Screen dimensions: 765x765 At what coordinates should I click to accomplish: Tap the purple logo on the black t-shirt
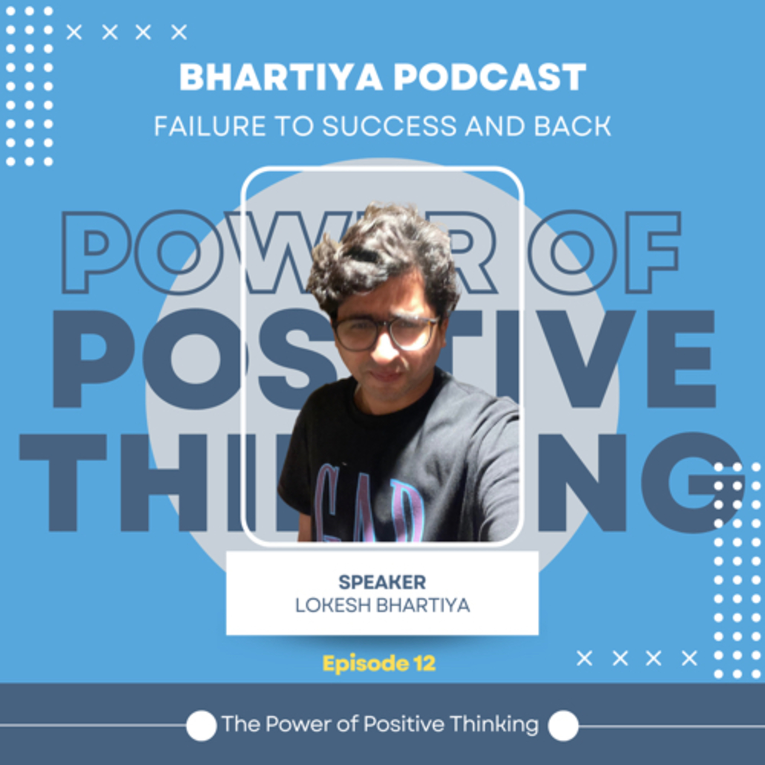click(x=370, y=505)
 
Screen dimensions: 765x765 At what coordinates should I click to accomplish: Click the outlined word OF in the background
click(x=604, y=252)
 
